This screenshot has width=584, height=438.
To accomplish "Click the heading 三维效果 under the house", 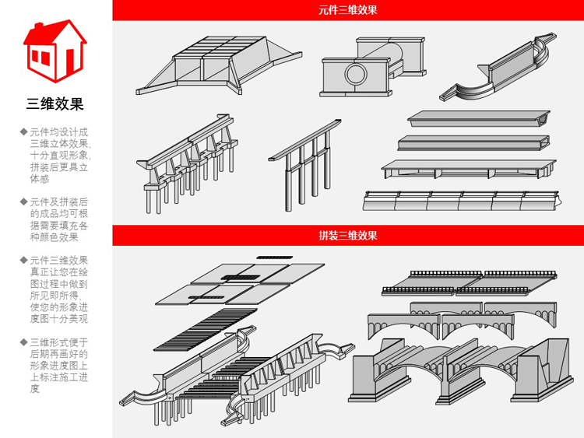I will (x=55, y=103).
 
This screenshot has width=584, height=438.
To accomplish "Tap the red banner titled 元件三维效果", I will (x=347, y=10).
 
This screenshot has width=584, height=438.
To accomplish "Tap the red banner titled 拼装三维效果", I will (x=347, y=235).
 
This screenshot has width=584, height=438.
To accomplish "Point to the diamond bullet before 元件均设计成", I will (x=23, y=131).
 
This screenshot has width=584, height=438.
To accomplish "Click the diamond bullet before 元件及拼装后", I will (x=23, y=201).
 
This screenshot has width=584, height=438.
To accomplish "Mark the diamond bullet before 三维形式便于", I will (x=23, y=342).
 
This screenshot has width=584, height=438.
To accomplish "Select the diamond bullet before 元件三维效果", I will (x=23, y=260).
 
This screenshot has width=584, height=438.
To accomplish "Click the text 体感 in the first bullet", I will (x=40, y=178).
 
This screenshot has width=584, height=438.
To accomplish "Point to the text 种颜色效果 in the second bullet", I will (x=54, y=237).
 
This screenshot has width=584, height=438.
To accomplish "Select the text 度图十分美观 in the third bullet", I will (x=58, y=318).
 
